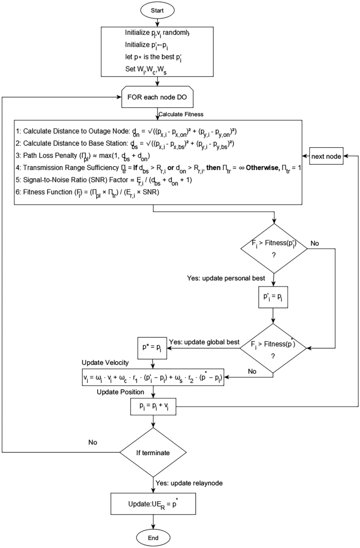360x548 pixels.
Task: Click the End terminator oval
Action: (x=153, y=537)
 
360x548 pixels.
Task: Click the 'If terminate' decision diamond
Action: (x=153, y=452)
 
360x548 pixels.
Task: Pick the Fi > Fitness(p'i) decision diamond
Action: (x=273, y=249)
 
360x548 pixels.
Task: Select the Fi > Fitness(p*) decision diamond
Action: (x=273, y=347)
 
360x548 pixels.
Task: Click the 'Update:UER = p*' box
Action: (x=153, y=504)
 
